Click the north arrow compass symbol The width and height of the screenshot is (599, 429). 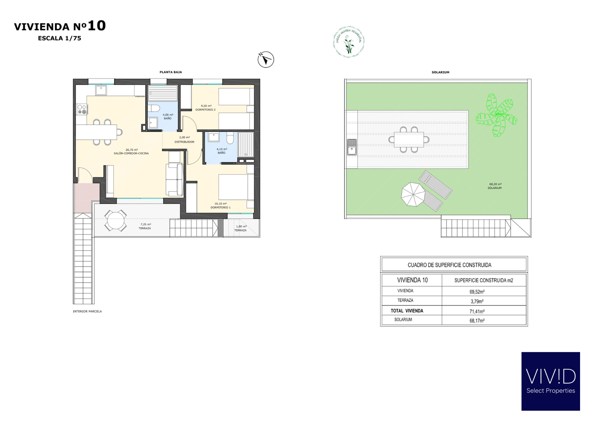click(266, 60)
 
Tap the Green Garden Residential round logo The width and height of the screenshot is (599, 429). click(349, 42)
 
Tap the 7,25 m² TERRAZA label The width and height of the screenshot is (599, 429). click(145, 226)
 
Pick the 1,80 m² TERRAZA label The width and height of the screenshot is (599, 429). click(241, 228)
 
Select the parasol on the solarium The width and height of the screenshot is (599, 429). click(413, 194)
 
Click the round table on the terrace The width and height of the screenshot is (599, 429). click(116, 220)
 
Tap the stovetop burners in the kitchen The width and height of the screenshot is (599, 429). click(82, 109)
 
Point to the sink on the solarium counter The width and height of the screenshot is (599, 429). click(352, 147)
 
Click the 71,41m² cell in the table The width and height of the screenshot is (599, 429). click(477, 311)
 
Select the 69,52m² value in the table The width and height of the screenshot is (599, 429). click(477, 292)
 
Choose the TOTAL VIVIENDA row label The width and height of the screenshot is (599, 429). click(407, 311)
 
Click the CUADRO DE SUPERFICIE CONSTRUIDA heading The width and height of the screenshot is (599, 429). click(449, 265)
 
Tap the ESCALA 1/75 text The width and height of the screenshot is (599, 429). click(60, 38)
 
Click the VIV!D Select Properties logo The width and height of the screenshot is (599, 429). click(551, 381)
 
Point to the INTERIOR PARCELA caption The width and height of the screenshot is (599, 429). click(87, 311)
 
